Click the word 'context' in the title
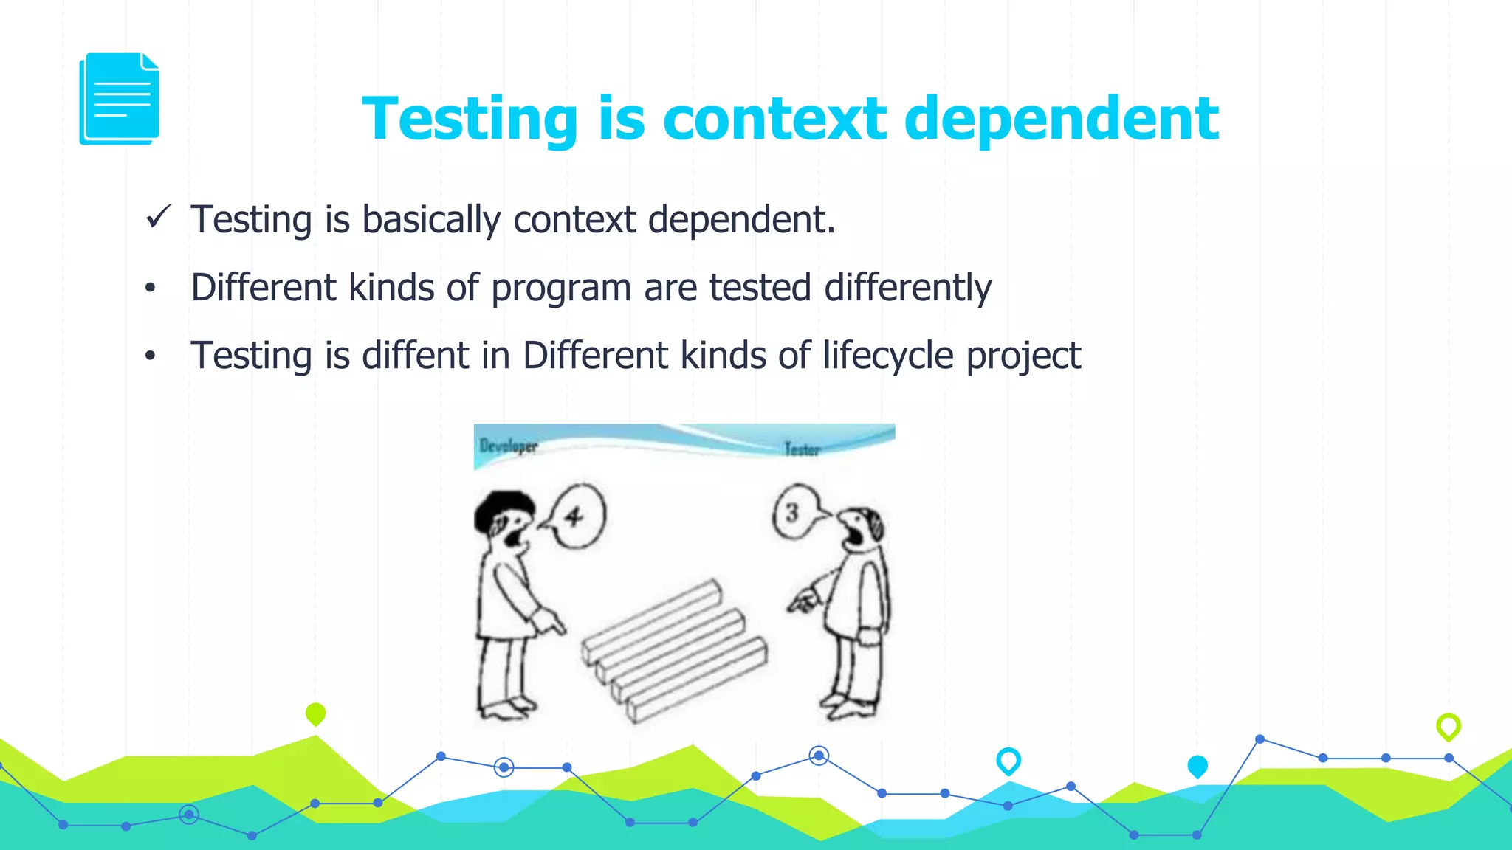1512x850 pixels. pos(774,119)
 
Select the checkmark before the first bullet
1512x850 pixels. pos(159,217)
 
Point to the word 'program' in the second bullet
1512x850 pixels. pos(561,288)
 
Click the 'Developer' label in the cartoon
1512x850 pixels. pos(509,446)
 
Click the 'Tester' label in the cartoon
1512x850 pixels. pos(802,449)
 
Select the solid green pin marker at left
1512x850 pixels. pos(315,713)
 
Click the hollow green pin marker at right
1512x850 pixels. pos(1448,726)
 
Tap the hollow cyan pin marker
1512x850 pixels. pos(1008,760)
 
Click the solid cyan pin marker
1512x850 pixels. pos(1197,766)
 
